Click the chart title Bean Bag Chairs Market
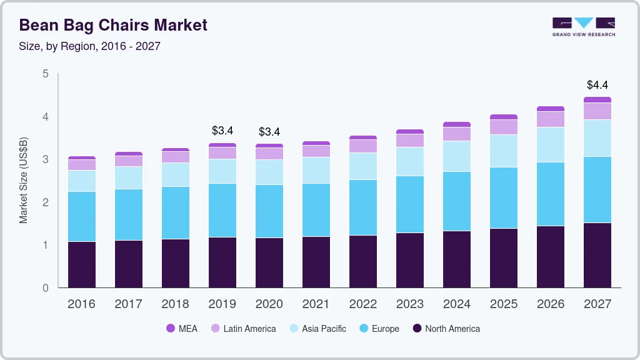pos(113,26)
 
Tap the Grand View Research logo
pos(584,26)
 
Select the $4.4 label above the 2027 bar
pos(597,85)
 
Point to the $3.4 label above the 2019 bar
pos(222,131)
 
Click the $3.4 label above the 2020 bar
pos(269,132)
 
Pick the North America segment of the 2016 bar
pos(82,264)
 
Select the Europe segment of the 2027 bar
pos(597,189)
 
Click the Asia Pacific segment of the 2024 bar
pos(456,156)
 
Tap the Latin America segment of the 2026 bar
pos(550,119)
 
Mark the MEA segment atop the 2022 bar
pos(362,137)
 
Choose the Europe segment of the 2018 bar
pos(176,212)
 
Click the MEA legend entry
pos(182,328)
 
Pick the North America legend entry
pos(446,328)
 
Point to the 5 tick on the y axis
pos(45,74)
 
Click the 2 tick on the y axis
pos(45,202)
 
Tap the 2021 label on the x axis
pos(316,304)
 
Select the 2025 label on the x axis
pos(504,304)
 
